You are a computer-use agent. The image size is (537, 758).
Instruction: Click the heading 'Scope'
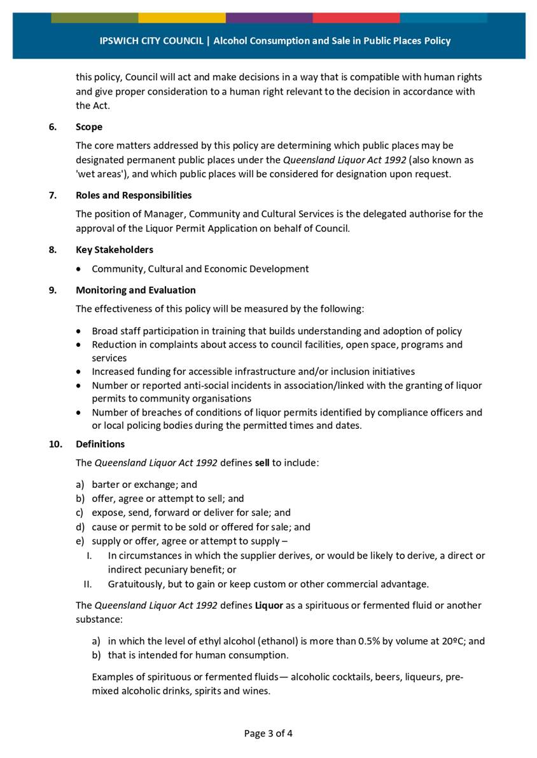click(88, 126)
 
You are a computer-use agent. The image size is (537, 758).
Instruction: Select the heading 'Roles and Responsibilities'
click(133, 195)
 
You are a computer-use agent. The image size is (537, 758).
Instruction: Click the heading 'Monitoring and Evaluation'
click(136, 290)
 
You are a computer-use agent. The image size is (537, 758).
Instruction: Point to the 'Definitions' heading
click(100, 444)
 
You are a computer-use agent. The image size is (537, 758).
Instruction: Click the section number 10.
click(55, 444)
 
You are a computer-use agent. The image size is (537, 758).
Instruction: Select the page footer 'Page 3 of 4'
click(268, 733)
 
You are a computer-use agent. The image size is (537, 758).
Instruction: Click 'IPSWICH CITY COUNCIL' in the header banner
click(151, 41)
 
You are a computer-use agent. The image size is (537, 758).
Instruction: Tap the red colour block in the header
click(356, 18)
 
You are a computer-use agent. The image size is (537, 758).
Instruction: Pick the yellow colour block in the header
click(181, 18)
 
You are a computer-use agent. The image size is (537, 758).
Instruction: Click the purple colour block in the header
click(268, 18)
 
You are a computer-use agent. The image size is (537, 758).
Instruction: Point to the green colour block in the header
click(94, 18)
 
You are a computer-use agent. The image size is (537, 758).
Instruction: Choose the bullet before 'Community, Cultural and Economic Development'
click(78, 269)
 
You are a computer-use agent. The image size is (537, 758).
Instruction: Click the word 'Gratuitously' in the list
click(136, 584)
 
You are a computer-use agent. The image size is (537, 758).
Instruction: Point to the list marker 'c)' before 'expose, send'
click(81, 513)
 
